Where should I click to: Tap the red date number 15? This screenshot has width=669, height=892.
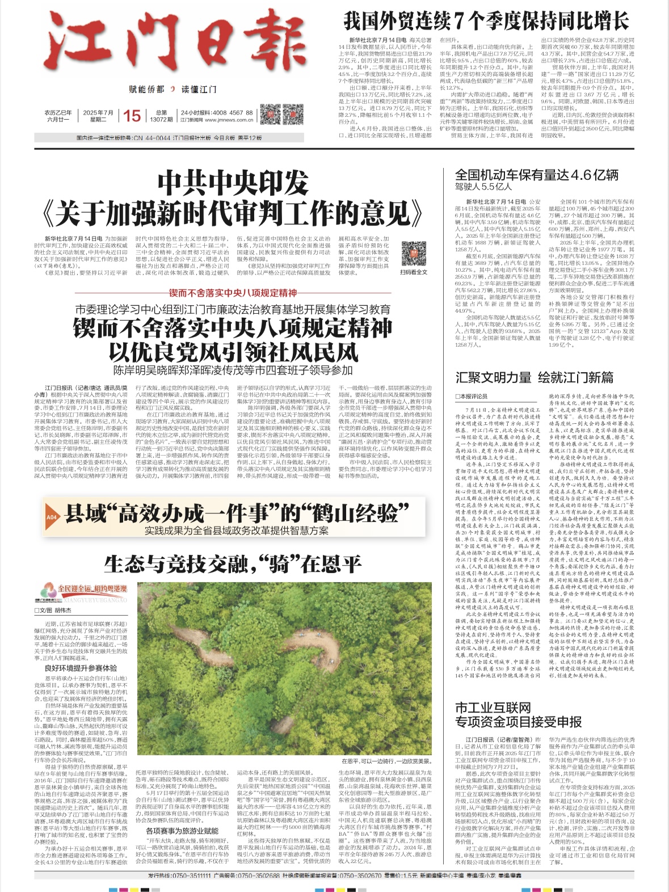coord(132,116)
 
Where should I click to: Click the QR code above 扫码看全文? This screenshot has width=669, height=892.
coord(414,254)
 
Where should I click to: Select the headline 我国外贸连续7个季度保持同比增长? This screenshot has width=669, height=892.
coord(486,22)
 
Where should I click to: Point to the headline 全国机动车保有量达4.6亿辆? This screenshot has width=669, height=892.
coord(536,175)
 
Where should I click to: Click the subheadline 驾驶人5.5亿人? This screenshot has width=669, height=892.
coord(483,187)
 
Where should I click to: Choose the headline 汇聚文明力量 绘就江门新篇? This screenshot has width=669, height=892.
coord(534,377)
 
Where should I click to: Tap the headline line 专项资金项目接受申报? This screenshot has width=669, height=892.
coord(518,722)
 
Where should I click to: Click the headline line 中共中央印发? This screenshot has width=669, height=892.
coord(233,183)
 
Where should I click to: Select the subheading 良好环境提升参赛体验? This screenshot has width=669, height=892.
coord(81,668)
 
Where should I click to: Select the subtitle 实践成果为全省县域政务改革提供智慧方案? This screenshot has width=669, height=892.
coord(236,531)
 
